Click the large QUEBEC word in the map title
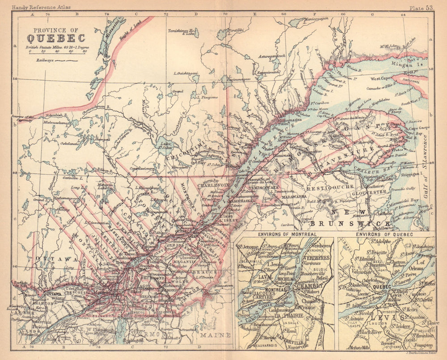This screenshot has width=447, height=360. [55, 38]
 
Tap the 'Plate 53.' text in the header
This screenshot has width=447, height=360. [422, 7]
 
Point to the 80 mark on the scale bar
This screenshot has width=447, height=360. [84, 51]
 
